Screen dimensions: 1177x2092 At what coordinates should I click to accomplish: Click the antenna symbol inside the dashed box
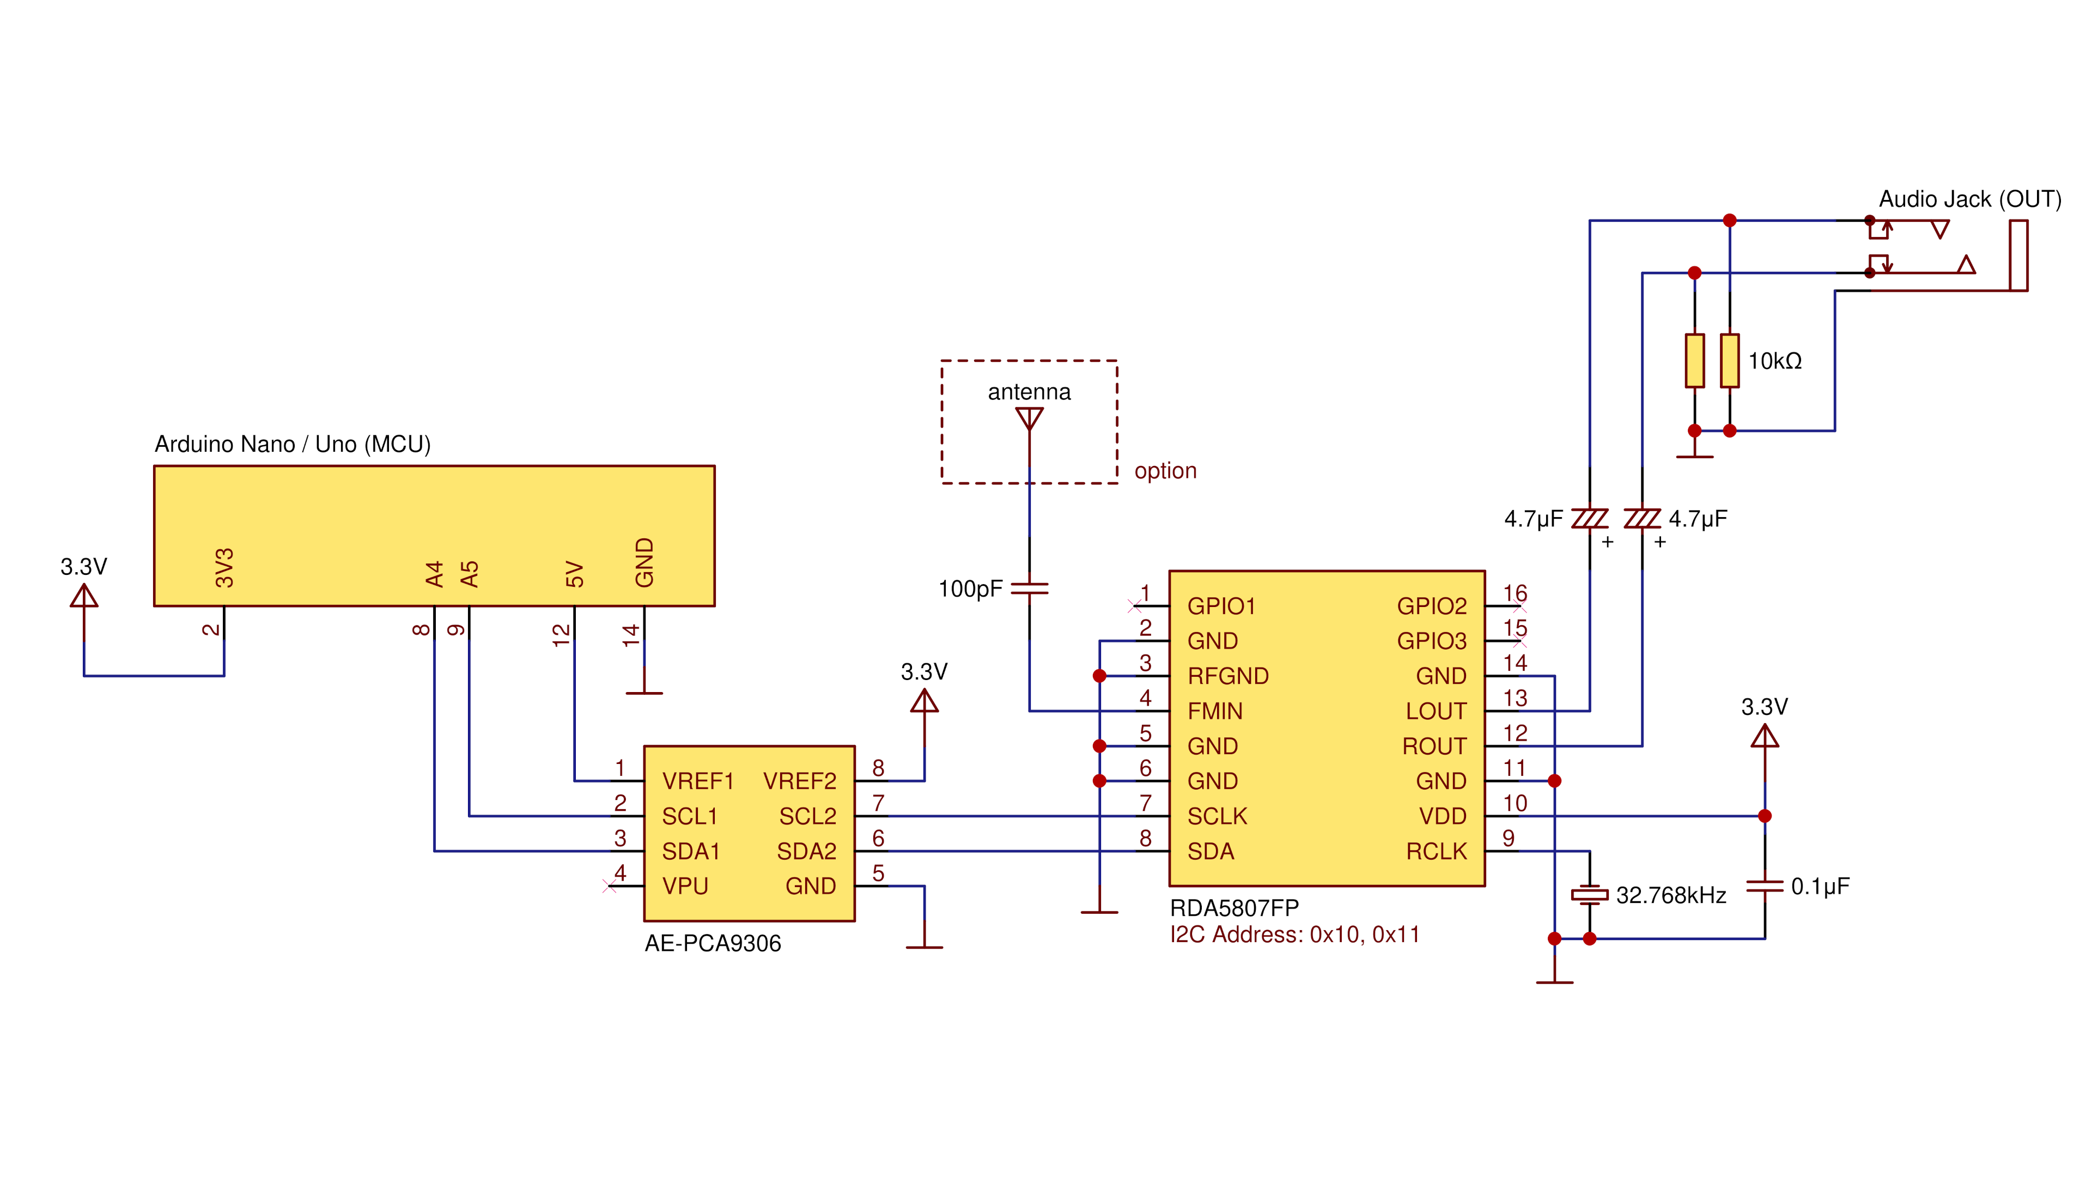coord(1029,419)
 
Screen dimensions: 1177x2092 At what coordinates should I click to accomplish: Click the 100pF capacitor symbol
coord(1029,588)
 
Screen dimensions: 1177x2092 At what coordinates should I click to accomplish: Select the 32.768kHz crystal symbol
coord(1589,895)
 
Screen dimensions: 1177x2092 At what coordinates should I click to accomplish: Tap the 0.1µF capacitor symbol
coord(1764,886)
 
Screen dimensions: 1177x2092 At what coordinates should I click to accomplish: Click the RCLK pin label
coord(1436,851)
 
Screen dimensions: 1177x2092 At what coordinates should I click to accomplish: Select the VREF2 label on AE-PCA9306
coord(799,781)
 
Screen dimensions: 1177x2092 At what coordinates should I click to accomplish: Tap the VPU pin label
coord(685,886)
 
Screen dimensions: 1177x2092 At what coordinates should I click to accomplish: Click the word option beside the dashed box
coord(1165,471)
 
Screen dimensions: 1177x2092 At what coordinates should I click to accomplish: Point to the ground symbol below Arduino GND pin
coord(644,692)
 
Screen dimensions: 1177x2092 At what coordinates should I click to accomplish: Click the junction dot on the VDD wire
coord(1765,816)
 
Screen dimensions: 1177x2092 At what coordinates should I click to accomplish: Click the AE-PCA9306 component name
coord(712,943)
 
